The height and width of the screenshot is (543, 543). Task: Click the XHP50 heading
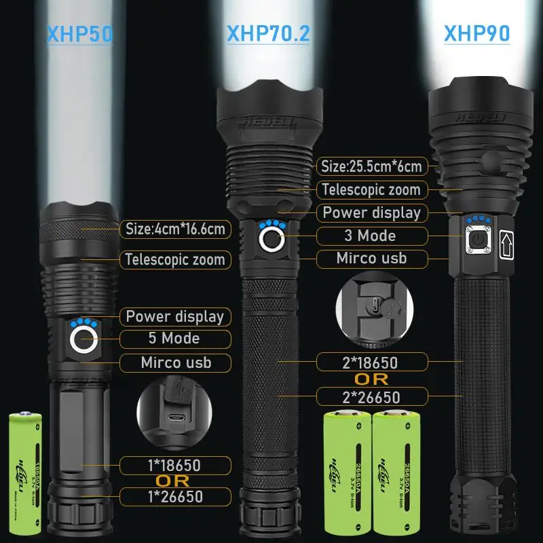tap(80, 34)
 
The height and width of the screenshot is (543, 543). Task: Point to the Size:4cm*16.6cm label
tap(175, 229)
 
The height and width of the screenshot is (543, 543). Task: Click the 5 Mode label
tap(174, 338)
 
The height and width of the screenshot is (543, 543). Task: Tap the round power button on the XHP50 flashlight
tap(82, 338)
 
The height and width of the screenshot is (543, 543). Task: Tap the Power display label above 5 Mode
tap(174, 316)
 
